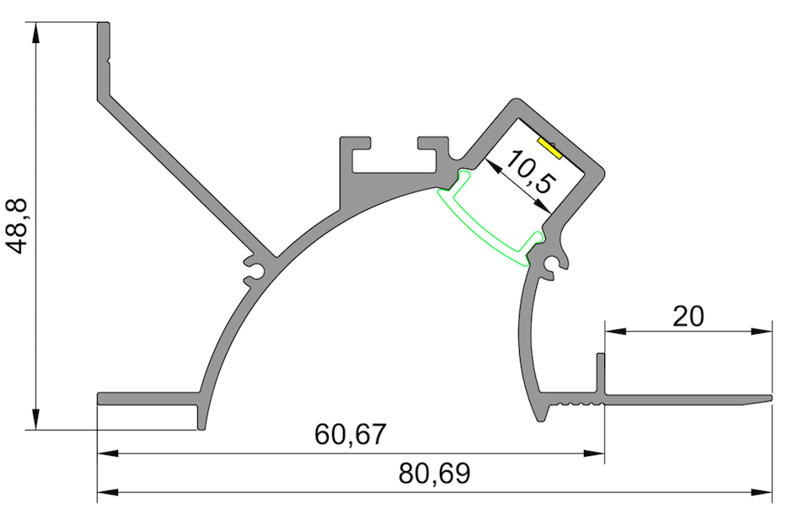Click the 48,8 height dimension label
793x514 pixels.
(x=19, y=226)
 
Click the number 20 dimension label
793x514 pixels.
(x=688, y=316)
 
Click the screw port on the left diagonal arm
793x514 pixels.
(x=255, y=269)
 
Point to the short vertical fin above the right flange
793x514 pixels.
(x=601, y=371)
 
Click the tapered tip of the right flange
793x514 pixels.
(x=768, y=397)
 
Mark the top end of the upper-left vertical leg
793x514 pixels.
(x=104, y=25)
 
